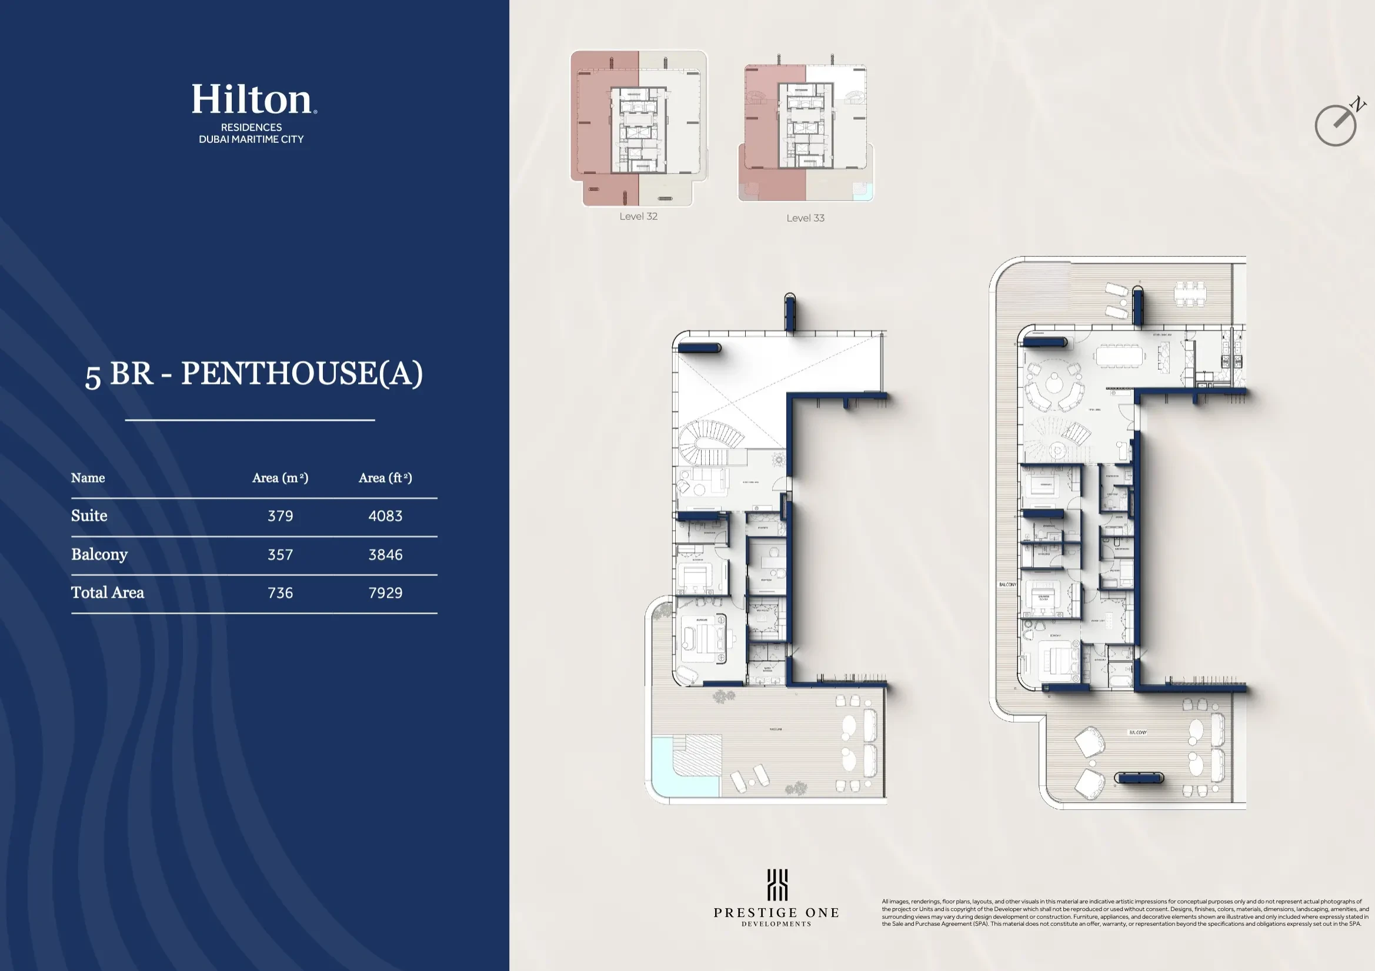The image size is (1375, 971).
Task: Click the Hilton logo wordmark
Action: coord(252,99)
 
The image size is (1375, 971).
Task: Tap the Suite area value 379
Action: coord(281,516)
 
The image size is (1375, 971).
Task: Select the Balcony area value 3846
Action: coord(385,554)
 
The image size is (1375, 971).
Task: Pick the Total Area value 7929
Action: coord(385,592)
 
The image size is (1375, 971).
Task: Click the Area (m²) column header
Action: coord(280,478)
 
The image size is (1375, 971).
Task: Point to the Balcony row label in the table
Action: coord(99,554)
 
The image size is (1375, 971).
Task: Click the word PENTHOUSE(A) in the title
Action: coord(302,373)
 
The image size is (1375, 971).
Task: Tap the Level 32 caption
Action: coord(639,217)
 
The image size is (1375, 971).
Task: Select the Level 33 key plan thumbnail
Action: coord(806,133)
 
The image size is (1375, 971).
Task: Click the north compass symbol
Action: coord(1337,123)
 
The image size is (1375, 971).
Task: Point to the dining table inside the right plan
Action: coord(1119,356)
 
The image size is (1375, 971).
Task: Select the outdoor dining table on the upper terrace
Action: coord(1190,293)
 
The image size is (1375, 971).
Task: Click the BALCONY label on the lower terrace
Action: coord(1137,732)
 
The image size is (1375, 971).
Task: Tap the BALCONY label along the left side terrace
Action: coord(1007,584)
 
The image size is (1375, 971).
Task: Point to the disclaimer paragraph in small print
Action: coord(1124,913)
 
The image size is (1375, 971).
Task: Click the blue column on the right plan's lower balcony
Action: coord(1139,778)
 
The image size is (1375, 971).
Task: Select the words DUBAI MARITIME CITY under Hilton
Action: coord(252,139)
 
